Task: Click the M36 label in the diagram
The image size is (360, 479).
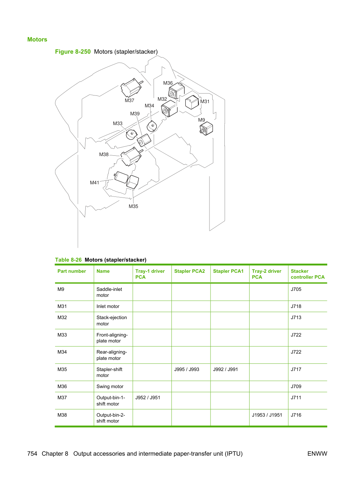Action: click(168, 83)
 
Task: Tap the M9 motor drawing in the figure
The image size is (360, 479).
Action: click(206, 129)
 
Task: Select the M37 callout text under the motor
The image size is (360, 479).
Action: click(129, 100)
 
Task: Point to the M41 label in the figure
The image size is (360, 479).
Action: click(94, 183)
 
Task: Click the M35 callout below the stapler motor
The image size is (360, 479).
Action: click(133, 206)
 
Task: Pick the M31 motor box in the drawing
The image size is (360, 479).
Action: click(192, 102)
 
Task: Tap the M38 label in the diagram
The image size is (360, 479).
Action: click(104, 155)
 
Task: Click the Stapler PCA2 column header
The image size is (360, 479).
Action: click(190, 271)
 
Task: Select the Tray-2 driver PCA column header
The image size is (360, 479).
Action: click(267, 274)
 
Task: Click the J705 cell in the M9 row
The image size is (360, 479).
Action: click(296, 289)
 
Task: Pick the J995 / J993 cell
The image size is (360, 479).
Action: click(187, 369)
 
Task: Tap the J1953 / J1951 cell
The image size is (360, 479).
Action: click(267, 415)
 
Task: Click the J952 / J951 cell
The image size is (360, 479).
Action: click(148, 397)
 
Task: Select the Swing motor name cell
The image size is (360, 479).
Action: click(110, 386)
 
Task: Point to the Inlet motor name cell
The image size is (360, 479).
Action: click(108, 306)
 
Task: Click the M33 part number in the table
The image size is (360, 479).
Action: click(62, 335)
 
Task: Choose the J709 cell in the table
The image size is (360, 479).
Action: click(296, 386)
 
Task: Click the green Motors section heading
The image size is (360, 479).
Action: click(37, 39)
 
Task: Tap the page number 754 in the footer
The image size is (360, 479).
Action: click(32, 454)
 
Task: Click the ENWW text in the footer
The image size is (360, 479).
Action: click(317, 454)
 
